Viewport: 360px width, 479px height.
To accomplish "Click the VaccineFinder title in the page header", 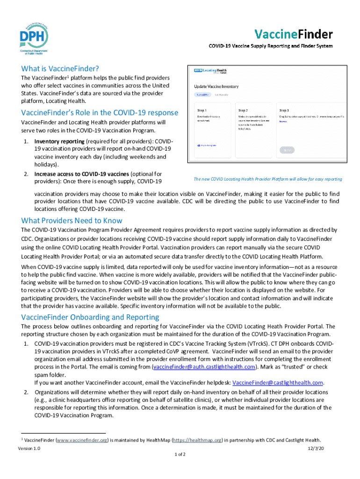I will click(x=293, y=34).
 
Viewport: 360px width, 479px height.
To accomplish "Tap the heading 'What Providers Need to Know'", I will click(x=72, y=220).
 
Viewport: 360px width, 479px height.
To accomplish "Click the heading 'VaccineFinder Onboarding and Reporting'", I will click(x=90, y=317).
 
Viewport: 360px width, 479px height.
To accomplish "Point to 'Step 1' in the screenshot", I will click(x=204, y=107).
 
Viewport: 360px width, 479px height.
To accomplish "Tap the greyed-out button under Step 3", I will click(x=287, y=150).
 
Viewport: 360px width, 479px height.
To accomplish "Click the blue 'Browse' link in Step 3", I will click(x=283, y=121).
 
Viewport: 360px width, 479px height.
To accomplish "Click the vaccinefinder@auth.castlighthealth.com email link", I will click(x=205, y=366).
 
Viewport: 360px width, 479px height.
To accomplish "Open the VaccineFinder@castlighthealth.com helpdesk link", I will click(x=278, y=382).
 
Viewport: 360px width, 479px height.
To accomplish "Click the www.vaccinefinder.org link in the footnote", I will click(x=82, y=440).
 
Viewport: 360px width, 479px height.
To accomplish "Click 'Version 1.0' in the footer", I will click(x=29, y=448).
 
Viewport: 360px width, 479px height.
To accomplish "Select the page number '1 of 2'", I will click(x=180, y=454).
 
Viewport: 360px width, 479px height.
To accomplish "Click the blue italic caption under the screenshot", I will click(x=267, y=179).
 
